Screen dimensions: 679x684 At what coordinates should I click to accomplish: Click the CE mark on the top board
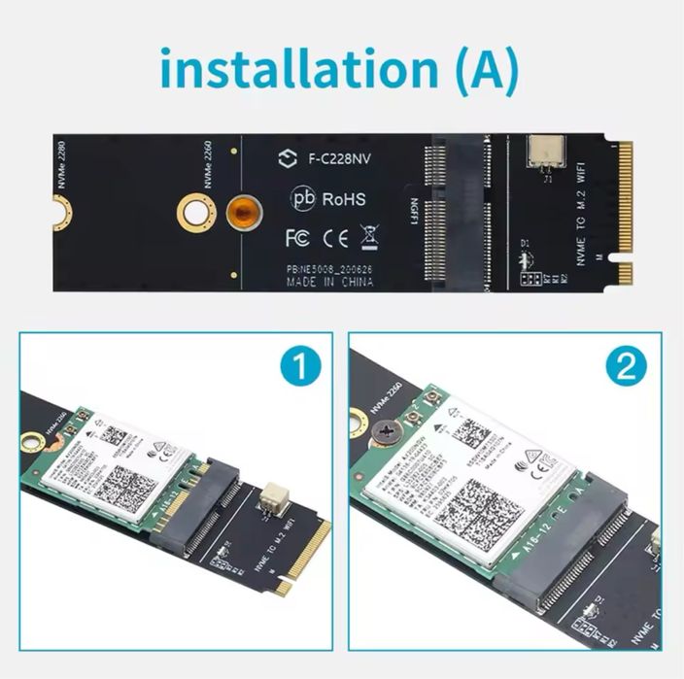(335, 236)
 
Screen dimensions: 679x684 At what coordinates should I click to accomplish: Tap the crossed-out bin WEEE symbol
(369, 236)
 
